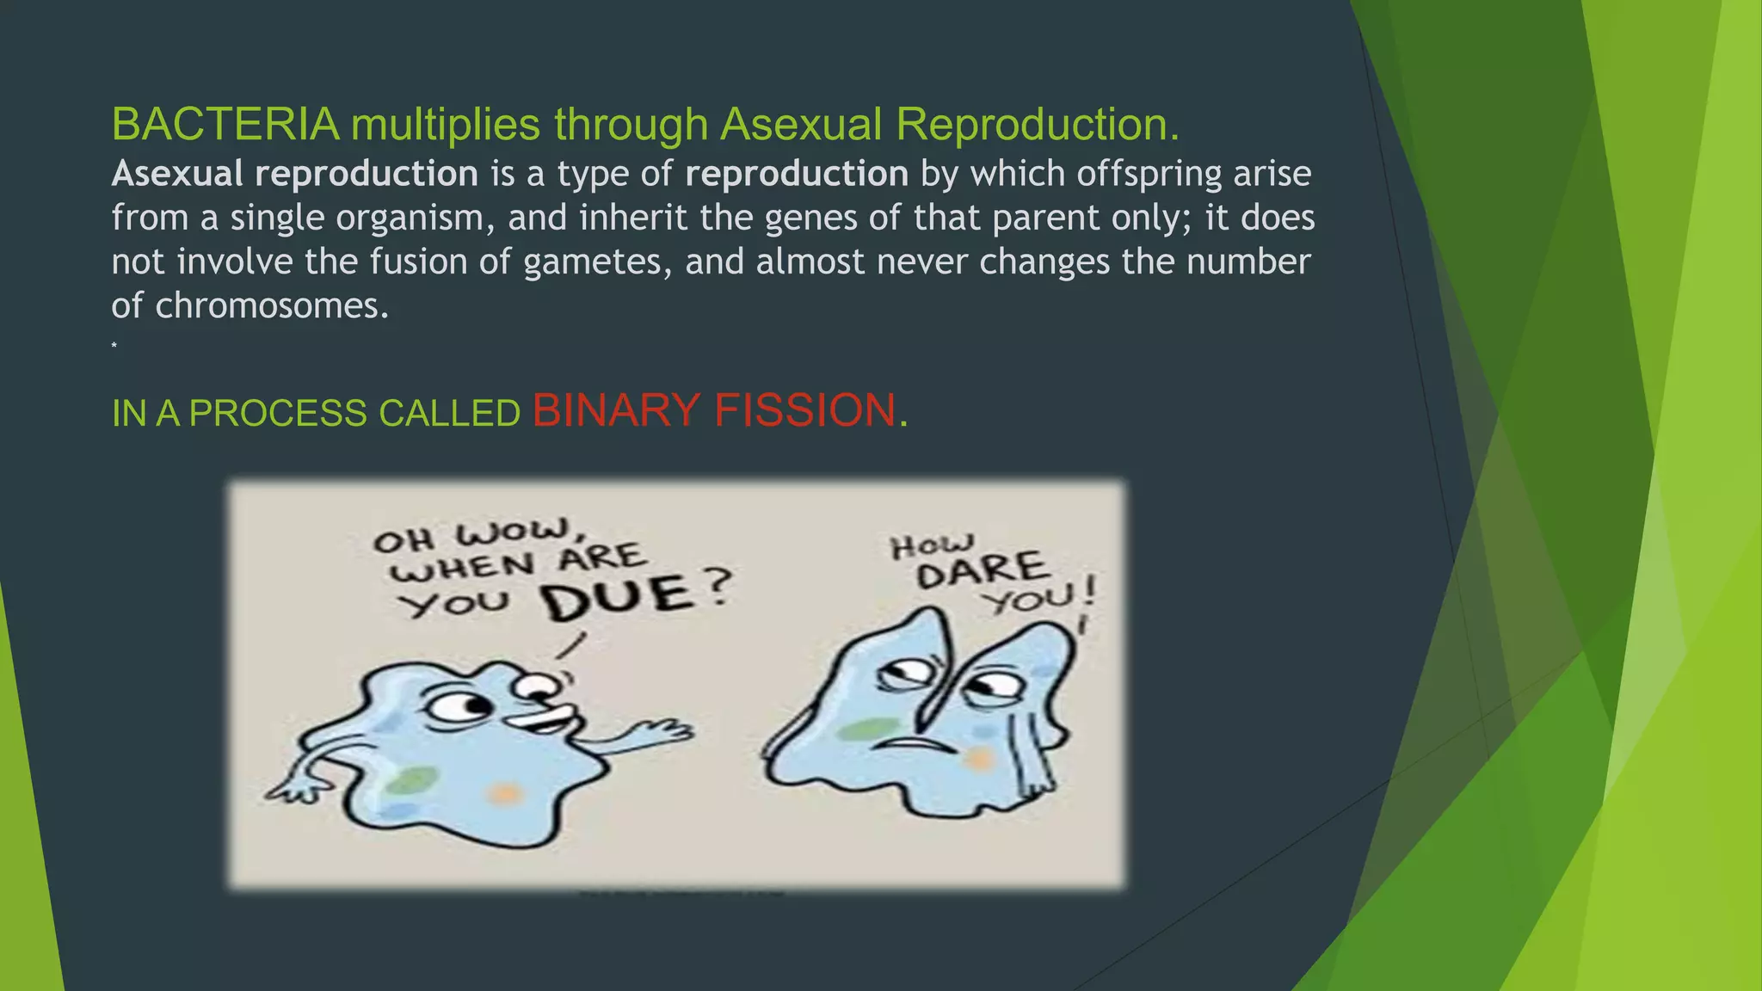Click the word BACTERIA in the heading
pyautogui.click(x=225, y=125)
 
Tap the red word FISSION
pyautogui.click(x=804, y=410)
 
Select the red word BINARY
pyautogui.click(x=615, y=410)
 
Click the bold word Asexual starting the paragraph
pyautogui.click(x=177, y=175)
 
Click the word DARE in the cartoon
pyautogui.click(x=982, y=569)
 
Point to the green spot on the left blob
pyautogui.click(x=410, y=781)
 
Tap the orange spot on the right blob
pyautogui.click(x=979, y=759)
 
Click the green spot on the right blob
pyautogui.click(x=867, y=729)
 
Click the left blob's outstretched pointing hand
pyautogui.click(x=662, y=734)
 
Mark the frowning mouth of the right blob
pyautogui.click(x=918, y=742)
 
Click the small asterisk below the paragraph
pyautogui.click(x=114, y=346)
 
